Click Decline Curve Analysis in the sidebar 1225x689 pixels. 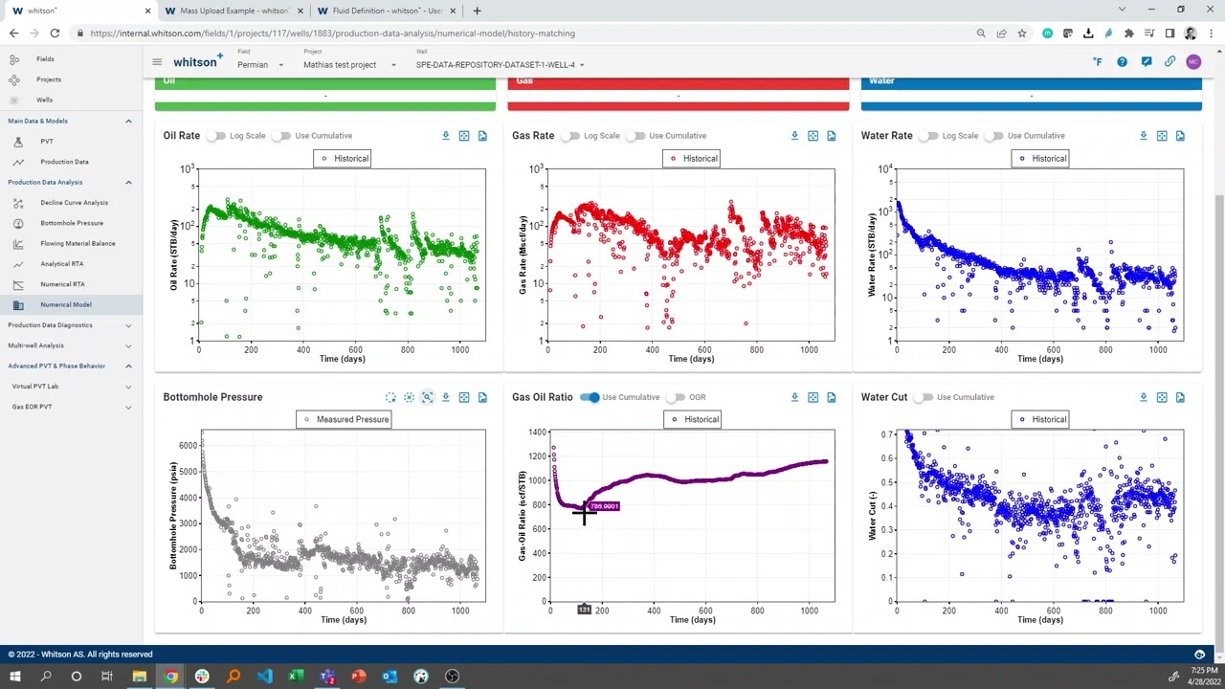point(74,203)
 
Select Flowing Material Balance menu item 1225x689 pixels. point(78,243)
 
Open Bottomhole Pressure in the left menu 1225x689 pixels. point(72,223)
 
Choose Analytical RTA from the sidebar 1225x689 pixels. point(61,264)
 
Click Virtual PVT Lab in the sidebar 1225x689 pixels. point(35,387)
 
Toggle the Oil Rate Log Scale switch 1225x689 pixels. point(218,136)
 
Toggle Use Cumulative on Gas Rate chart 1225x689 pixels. point(635,136)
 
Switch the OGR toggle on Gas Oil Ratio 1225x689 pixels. point(677,397)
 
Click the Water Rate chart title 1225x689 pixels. point(886,136)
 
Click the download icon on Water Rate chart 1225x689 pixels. point(1143,136)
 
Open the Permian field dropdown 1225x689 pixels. point(259,65)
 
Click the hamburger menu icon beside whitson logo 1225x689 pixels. point(157,62)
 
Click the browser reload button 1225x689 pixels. point(55,33)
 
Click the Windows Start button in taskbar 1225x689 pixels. point(14,677)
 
